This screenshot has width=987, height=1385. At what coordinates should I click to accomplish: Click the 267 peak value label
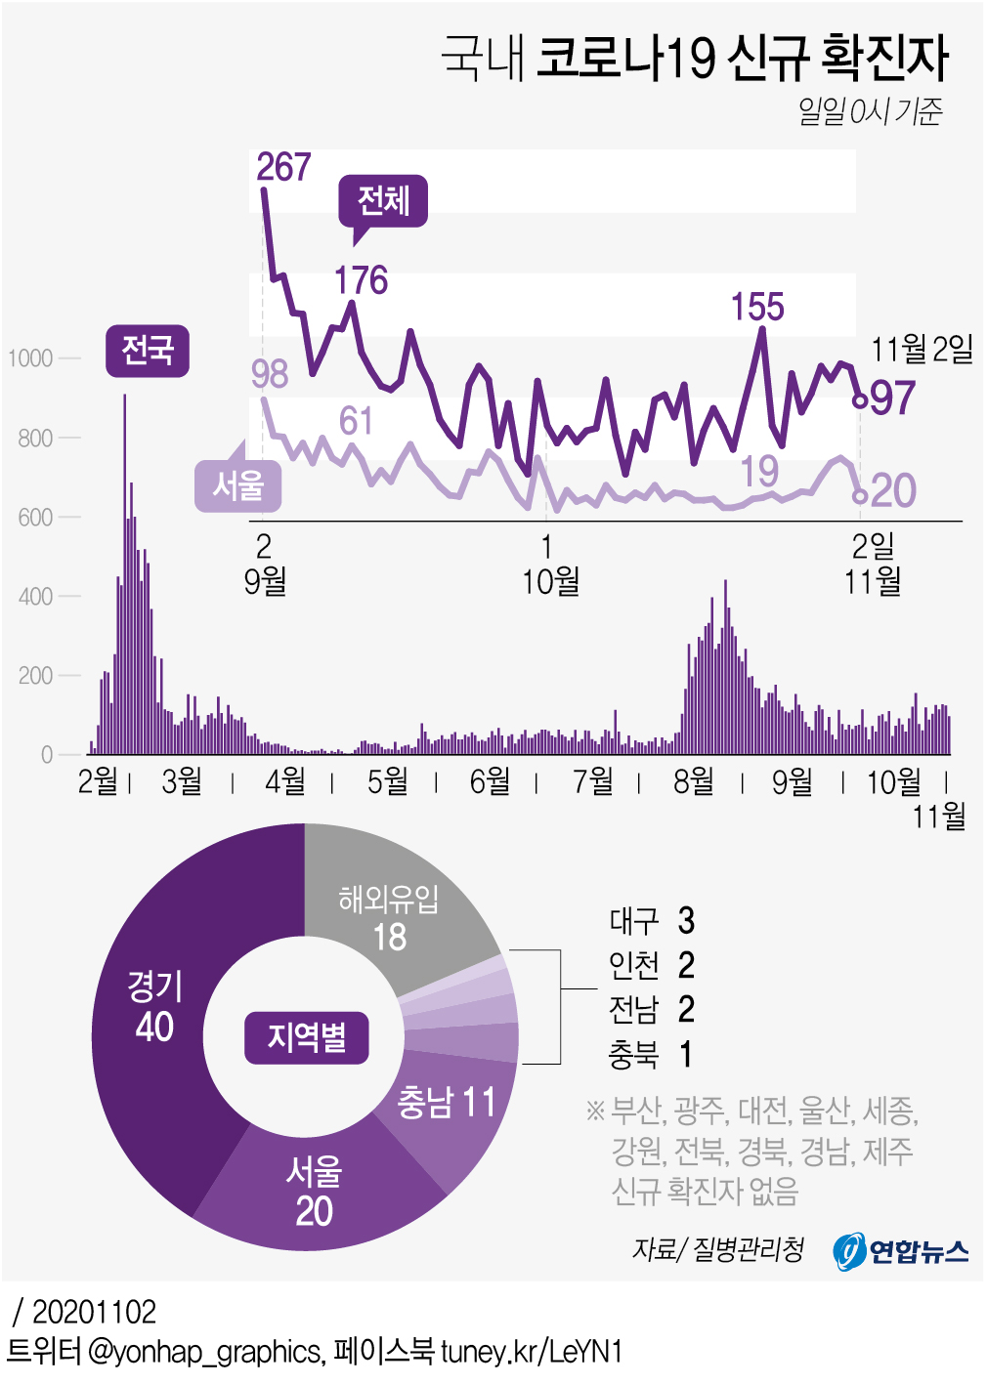[283, 167]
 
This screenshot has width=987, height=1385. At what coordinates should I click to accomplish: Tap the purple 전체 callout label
[383, 201]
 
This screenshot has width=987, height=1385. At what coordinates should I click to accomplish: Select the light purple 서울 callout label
[238, 485]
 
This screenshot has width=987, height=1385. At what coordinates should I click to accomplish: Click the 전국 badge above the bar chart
[147, 350]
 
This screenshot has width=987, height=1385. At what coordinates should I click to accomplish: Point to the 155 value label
[757, 307]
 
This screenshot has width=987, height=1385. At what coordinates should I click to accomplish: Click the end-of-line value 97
[893, 399]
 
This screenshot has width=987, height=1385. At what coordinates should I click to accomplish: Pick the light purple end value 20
[893, 490]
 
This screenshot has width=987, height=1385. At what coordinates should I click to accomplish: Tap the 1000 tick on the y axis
[30, 358]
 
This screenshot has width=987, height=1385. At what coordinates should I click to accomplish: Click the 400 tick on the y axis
[35, 596]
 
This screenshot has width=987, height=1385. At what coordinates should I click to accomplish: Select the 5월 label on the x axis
[387, 780]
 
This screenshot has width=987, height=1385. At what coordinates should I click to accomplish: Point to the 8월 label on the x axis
[694, 780]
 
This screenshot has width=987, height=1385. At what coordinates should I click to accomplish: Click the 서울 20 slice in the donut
[314, 1192]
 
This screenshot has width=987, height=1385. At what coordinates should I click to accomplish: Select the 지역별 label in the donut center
[306, 1037]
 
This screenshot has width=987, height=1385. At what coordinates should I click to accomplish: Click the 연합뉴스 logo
[901, 1251]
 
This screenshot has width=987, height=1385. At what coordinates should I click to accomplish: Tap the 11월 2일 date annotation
[922, 349]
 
